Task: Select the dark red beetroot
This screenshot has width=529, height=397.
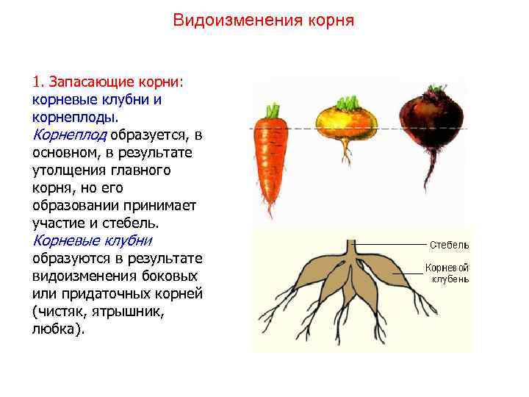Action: (432, 118)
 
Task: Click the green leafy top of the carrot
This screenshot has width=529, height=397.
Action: (273, 112)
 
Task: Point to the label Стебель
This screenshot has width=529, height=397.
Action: (449, 245)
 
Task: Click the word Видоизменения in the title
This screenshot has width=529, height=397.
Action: (230, 20)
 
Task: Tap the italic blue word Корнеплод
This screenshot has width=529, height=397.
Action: (71, 135)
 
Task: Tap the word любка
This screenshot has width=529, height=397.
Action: (56, 329)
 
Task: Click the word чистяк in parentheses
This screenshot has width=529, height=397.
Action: (62, 311)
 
